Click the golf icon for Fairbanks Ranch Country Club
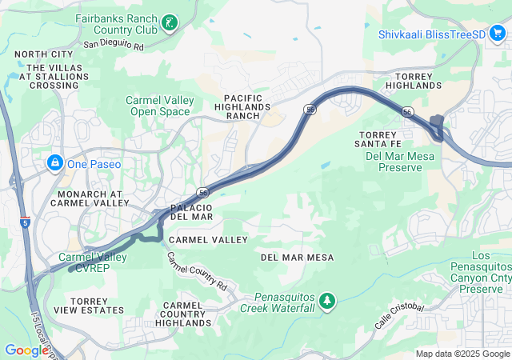click(x=169, y=22)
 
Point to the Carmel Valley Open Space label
click(x=160, y=106)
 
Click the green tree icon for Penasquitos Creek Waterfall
click(x=326, y=301)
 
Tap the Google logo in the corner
click(x=26, y=350)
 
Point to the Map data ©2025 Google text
click(x=462, y=354)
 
